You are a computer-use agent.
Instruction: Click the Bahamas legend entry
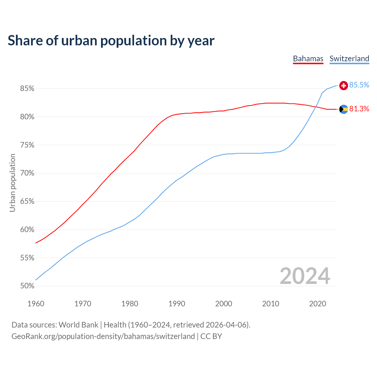pos(308,59)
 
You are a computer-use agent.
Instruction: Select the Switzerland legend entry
pos(349,59)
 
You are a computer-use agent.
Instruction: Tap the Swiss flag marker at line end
pos(343,85)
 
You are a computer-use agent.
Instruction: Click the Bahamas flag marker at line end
pos(343,109)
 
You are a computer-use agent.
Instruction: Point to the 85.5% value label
pos(359,85)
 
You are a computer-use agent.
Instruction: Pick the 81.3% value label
pos(359,109)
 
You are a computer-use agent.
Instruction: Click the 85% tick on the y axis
pos(27,89)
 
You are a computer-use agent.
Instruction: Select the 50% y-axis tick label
pos(27,286)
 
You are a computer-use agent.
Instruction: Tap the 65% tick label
pos(27,201)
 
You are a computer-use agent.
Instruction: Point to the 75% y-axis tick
pos(27,145)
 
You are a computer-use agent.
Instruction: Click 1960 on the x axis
pos(36,304)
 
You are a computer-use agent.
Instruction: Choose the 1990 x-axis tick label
pos(177,304)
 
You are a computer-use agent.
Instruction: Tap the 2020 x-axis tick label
pos(318,304)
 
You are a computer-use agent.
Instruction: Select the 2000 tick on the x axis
pos(224,304)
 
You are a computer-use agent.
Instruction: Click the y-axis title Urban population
pos(12,183)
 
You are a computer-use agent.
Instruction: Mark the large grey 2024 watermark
pos(305,276)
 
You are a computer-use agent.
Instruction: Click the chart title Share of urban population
pos(111,40)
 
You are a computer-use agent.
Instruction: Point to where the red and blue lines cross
pos(316,107)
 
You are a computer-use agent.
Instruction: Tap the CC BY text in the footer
pos(211,336)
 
